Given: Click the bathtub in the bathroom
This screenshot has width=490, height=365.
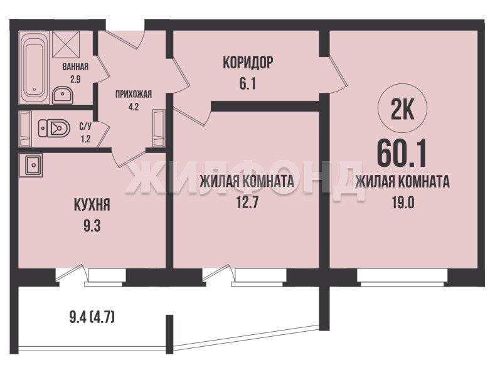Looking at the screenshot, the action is click(34, 68).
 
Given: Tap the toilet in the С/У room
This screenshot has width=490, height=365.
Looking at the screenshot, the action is click(54, 128).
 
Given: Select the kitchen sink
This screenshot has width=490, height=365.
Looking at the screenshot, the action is click(30, 165).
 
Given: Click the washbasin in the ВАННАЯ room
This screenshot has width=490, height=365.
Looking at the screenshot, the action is click(63, 95).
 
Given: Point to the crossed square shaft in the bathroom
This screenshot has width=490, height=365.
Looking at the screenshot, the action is click(66, 44).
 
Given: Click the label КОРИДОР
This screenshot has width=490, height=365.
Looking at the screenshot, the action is click(248, 63).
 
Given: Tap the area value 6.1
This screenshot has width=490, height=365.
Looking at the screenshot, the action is click(248, 84).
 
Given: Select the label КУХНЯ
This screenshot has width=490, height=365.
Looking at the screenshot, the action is click(92, 205).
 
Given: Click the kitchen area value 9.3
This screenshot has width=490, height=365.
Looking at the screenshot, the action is click(92, 226).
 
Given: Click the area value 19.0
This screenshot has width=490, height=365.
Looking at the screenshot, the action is click(403, 203).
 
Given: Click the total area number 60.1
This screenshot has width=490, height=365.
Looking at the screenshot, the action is click(402, 154).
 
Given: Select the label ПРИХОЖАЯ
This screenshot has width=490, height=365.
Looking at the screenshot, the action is click(134, 94).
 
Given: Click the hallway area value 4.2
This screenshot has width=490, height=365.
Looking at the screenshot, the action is click(134, 107).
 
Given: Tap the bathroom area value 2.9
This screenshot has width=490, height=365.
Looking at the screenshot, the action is click(75, 79).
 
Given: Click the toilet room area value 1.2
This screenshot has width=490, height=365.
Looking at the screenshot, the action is click(85, 139).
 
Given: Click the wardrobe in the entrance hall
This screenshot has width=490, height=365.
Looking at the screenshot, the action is click(159, 128).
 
